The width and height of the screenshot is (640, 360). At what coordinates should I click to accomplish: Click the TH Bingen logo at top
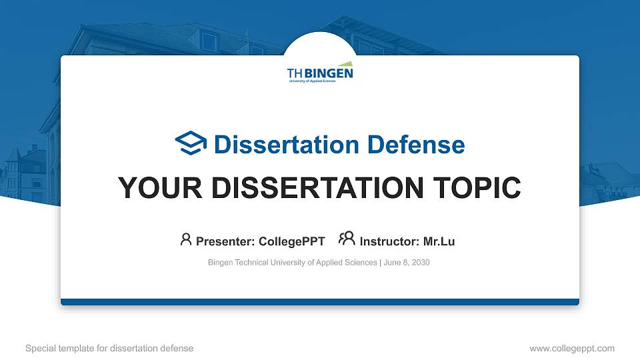[x=320, y=75]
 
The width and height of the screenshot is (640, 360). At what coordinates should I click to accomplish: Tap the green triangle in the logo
[x=343, y=65]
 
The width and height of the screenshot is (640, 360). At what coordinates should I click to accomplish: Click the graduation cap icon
[x=191, y=143]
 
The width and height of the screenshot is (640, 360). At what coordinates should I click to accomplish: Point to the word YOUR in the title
[x=149, y=187]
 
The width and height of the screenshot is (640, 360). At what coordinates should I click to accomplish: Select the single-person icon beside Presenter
[x=186, y=239]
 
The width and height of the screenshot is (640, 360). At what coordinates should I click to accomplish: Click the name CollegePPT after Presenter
[x=291, y=241]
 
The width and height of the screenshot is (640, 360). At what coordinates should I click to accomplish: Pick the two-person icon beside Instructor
[x=347, y=239]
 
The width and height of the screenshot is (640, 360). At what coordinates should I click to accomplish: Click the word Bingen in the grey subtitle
[x=220, y=263]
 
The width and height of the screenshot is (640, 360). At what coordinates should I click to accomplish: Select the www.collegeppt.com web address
[x=571, y=348]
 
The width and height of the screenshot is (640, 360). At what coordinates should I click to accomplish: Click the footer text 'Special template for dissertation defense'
[x=109, y=348]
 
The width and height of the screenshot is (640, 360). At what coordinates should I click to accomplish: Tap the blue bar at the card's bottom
[x=320, y=302]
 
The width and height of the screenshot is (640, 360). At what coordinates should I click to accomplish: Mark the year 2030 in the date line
[x=421, y=263]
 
